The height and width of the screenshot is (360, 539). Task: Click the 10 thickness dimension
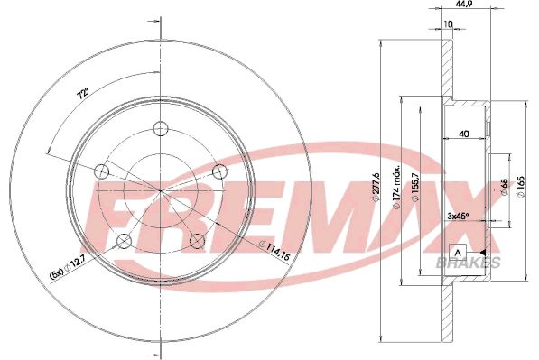pyautogui.click(x=448, y=25)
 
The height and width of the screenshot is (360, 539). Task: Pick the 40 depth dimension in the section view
pyautogui.click(x=463, y=134)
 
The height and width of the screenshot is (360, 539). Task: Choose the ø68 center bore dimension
pyautogui.click(x=503, y=187)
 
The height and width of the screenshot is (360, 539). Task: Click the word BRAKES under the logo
pyautogui.click(x=469, y=262)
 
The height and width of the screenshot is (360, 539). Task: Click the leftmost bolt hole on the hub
pyautogui.click(x=101, y=170)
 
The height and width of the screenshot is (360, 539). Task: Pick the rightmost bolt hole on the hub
pyautogui.click(x=218, y=171)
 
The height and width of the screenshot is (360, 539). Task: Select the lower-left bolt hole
pyautogui.click(x=124, y=239)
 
